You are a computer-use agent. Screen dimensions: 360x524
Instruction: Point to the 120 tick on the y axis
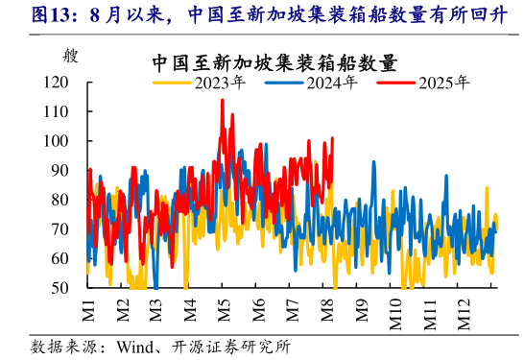click(x=58, y=83)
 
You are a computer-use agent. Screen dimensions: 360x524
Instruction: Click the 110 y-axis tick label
click(x=58, y=111)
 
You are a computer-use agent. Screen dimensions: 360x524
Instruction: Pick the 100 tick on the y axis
click(x=58, y=141)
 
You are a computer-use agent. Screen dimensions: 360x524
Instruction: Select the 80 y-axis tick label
click(x=61, y=200)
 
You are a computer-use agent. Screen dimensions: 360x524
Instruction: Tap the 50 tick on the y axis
click(x=61, y=288)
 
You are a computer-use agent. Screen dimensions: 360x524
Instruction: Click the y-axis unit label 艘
click(x=68, y=56)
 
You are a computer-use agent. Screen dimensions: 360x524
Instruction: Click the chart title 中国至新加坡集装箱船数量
click(x=274, y=62)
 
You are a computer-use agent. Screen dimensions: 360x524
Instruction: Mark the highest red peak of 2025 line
click(x=222, y=100)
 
